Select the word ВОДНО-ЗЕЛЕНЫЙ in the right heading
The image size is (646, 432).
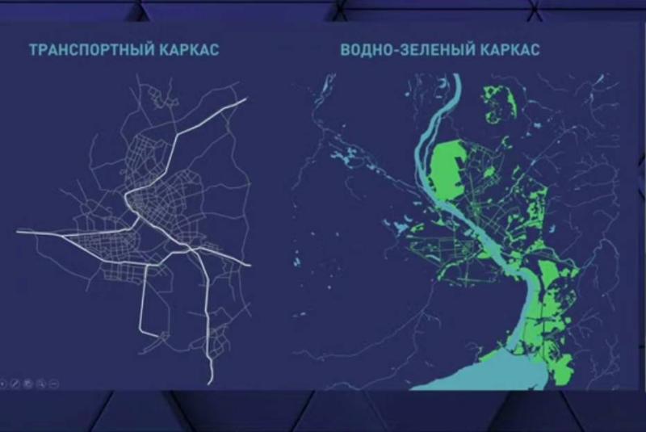point(401,50)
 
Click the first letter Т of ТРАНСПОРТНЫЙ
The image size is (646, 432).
point(32,50)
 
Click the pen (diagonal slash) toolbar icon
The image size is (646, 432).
point(16,380)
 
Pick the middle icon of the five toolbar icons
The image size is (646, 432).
point(27,380)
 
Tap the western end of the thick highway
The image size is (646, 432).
point(18,232)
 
